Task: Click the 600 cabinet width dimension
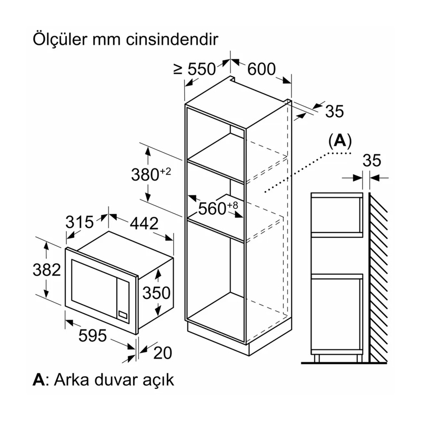point(262,69)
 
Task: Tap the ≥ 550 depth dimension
point(195,69)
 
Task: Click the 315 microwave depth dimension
point(80,223)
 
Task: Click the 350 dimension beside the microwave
point(156,292)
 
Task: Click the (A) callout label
point(339,141)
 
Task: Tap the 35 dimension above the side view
point(372,161)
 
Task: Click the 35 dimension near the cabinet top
point(335,111)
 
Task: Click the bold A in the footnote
point(38,380)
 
